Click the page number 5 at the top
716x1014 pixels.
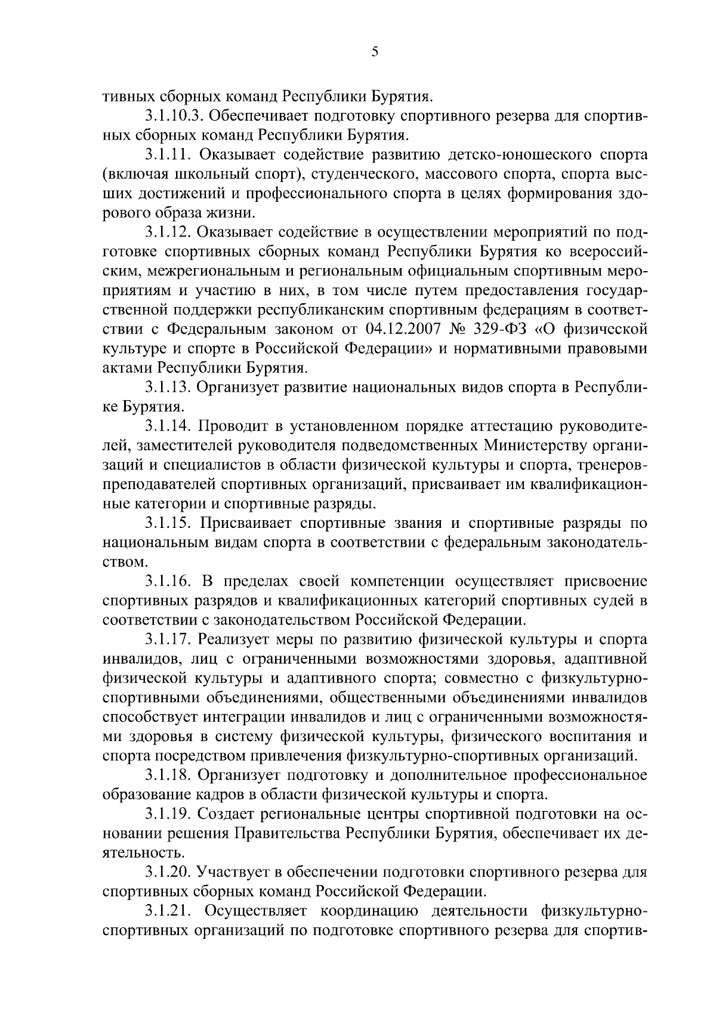coord(375,52)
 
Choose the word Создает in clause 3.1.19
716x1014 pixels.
coord(225,814)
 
